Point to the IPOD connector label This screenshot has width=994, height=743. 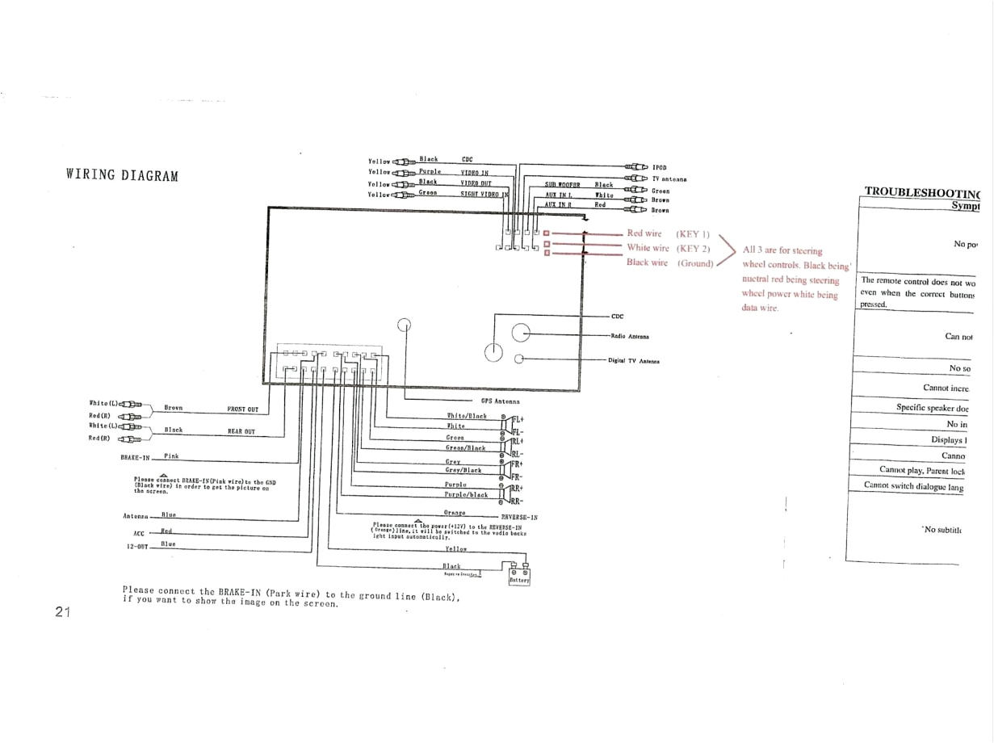pos(659,168)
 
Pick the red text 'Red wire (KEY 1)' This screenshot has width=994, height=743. pos(668,233)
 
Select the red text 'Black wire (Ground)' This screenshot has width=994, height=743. pos(669,262)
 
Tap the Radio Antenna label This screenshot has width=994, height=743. pos(631,336)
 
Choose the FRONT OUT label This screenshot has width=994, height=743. pos(242,409)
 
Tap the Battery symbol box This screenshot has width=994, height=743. pos(519,576)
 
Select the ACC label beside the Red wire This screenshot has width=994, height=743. pos(138,534)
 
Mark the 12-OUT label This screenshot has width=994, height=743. pos(136,547)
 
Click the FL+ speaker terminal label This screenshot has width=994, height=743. pos(518,420)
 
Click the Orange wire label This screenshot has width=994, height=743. pos(455,512)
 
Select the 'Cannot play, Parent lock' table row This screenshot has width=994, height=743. pos(921,470)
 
